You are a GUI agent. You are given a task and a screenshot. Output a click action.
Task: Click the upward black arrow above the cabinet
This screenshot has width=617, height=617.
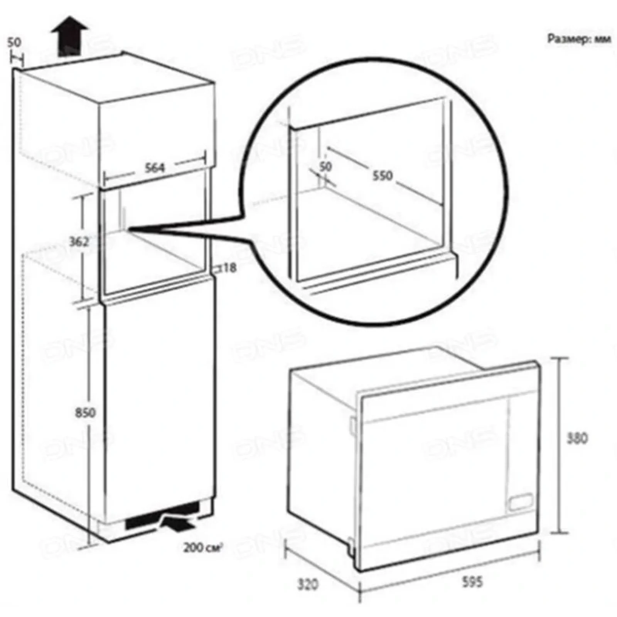coord(70,37)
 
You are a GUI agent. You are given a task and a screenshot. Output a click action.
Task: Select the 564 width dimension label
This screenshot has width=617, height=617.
coord(154,168)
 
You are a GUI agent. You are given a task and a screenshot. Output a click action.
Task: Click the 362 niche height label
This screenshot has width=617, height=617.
coord(79,242)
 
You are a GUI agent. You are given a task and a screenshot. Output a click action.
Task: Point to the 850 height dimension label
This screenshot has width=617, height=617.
coord(85,413)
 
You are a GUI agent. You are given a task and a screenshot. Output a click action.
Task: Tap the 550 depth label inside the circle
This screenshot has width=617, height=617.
coord(383,176)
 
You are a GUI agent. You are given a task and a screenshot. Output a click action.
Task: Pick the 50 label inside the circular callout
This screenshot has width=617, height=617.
coord(326,167)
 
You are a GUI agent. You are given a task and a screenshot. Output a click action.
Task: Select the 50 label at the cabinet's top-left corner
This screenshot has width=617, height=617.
coord(14,42)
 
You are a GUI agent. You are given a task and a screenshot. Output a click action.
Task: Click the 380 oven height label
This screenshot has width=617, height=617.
coord(577,438)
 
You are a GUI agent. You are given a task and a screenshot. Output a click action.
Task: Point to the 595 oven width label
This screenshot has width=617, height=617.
coord(472,582)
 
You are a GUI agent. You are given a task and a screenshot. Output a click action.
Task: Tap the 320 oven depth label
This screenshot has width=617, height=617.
coord(308,584)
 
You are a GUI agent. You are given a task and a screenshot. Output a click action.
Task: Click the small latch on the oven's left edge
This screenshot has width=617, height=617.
coord(352,424)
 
